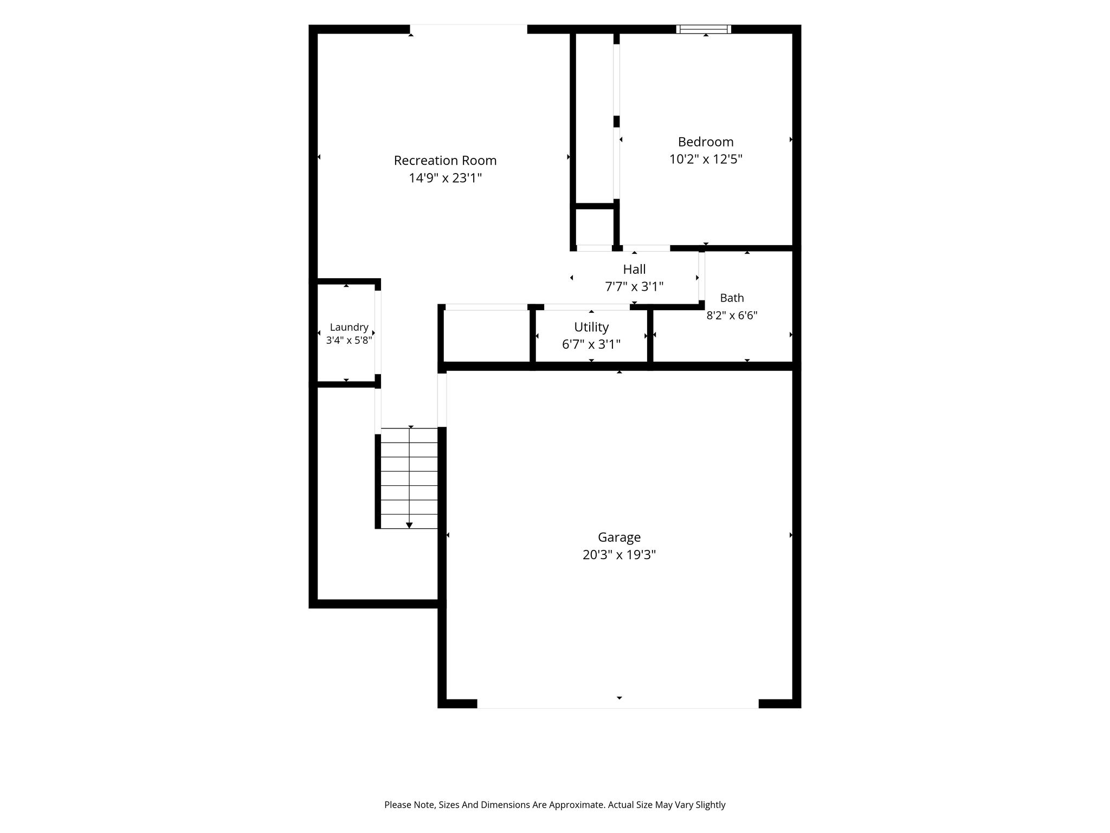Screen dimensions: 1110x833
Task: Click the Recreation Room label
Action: [x=445, y=161]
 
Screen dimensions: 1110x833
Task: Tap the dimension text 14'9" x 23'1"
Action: [x=445, y=178]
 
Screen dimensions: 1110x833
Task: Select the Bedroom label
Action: [x=706, y=142]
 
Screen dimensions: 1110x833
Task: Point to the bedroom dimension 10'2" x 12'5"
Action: [x=706, y=159]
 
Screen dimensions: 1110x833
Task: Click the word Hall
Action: [x=634, y=270]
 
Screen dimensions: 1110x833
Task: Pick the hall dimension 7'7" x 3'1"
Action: [x=634, y=286]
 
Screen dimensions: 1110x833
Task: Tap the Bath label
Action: [x=732, y=298]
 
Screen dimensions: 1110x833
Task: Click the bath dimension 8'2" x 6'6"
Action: [x=732, y=315]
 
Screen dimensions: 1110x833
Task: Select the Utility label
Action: [x=591, y=327]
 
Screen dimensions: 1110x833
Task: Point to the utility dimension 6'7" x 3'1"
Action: [x=591, y=344]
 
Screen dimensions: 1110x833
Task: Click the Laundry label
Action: [x=349, y=328]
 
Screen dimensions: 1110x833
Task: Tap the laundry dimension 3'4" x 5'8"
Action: [x=349, y=341]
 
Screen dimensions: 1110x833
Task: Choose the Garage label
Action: [x=619, y=537]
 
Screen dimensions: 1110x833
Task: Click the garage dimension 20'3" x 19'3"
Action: [x=619, y=555]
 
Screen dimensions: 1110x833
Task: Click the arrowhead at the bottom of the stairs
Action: [x=409, y=525]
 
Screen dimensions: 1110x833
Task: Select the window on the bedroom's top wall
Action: [x=704, y=29]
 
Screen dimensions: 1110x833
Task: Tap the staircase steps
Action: [x=409, y=478]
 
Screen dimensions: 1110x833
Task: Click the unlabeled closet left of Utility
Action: [x=486, y=336]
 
